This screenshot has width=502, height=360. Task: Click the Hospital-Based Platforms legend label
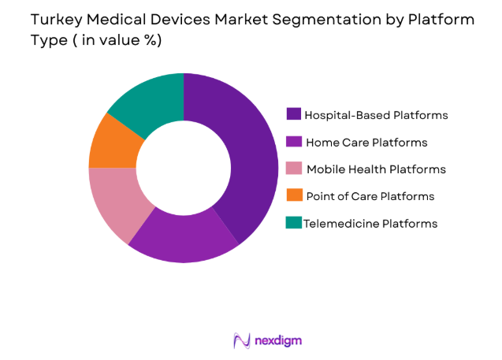[377, 115]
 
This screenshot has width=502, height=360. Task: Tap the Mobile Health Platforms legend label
[376, 169]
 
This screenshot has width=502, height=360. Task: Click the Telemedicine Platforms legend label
[371, 224]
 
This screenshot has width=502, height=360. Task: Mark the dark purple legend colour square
[293, 115]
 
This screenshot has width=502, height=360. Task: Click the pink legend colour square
[293, 169]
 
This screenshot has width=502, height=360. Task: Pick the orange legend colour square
[293, 196]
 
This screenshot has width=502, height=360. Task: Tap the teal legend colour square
[293, 224]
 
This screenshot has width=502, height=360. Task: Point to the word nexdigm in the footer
[278, 340]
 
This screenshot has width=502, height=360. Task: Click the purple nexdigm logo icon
[241, 340]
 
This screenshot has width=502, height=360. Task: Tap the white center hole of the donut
[183, 168]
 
